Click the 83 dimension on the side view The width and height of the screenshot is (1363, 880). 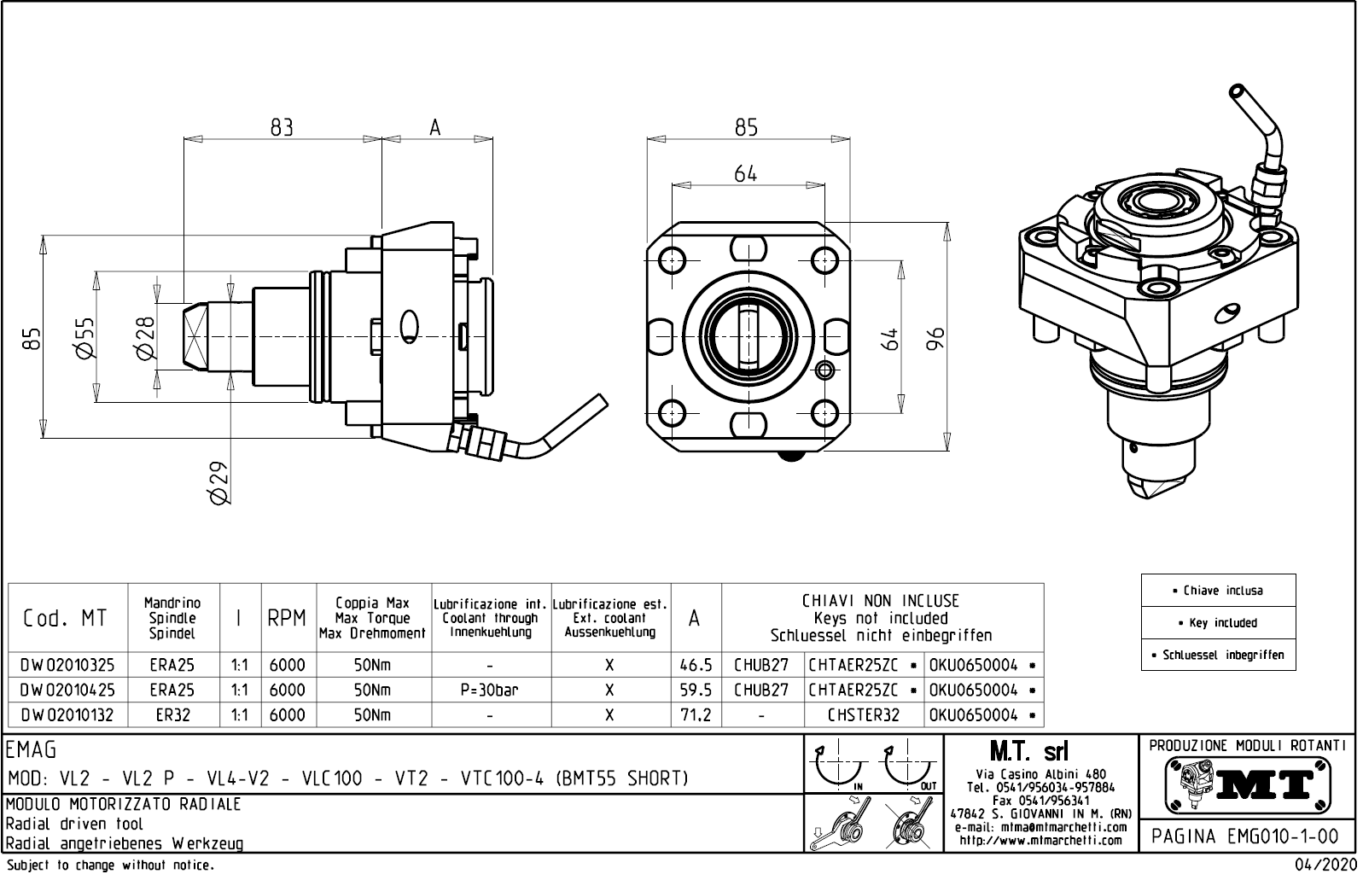282,127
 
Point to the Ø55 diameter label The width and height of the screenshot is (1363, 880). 84,338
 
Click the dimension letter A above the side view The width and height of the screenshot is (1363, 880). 435,127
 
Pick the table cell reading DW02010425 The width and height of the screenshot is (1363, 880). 68,690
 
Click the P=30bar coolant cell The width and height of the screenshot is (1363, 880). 489,690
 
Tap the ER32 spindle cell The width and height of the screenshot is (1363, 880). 173,715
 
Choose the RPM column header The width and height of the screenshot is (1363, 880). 287,619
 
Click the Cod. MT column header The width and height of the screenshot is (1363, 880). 68,619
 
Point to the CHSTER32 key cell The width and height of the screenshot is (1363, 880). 863,715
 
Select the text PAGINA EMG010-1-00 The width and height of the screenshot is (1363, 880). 1245,836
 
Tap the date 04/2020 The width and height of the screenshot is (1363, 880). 1325,865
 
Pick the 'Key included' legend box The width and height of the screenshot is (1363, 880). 1218,622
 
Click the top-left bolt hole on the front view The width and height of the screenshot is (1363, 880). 673,259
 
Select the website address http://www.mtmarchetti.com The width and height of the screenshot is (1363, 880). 1041,841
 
